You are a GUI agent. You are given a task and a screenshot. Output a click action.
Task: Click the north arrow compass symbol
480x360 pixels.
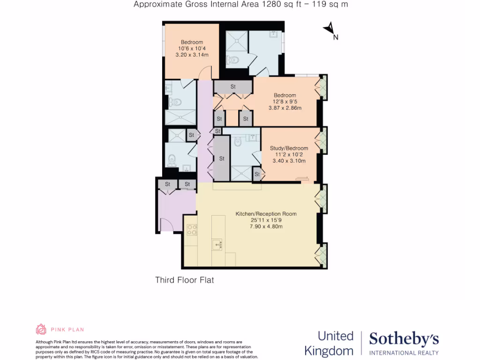[x=330, y=29]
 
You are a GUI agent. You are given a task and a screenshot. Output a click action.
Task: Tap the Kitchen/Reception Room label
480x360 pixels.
[x=266, y=214]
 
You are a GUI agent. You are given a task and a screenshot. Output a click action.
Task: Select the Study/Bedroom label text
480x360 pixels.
[x=289, y=149]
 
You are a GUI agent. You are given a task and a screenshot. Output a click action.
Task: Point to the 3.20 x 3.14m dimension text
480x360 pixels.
[x=192, y=55]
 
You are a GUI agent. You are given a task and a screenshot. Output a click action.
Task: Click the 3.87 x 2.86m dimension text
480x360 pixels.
[x=285, y=108]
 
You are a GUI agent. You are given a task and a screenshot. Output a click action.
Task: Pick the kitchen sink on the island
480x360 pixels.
[x=217, y=244]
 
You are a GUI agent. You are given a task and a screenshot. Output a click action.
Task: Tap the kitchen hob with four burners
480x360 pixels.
[x=192, y=230]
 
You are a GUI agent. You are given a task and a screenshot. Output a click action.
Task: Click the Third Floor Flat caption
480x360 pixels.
[x=184, y=280]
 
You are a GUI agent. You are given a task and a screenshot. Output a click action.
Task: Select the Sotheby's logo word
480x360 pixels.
[x=404, y=338]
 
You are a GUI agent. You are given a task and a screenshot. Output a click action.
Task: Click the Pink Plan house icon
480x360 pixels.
[x=41, y=329]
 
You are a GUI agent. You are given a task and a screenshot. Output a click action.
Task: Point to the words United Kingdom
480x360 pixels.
[x=329, y=343]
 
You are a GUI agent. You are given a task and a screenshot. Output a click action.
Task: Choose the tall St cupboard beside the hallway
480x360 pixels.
[x=222, y=158]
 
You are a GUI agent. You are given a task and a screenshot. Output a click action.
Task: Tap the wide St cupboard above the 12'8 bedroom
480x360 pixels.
[x=233, y=87]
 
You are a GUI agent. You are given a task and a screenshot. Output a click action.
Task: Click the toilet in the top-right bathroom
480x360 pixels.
[x=232, y=60]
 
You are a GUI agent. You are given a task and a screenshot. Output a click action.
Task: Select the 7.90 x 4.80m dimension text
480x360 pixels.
[x=266, y=227]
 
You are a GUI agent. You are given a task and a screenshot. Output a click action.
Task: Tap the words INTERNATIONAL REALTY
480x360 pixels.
[x=404, y=352]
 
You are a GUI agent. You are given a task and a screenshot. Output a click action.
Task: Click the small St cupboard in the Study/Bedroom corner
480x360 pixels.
[x=256, y=174]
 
